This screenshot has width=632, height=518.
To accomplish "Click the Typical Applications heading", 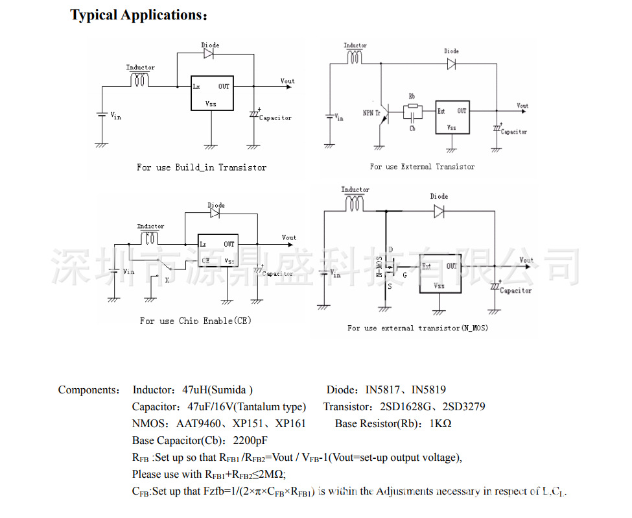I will (x=139, y=16).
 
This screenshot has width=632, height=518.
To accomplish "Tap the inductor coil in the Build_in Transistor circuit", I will (x=140, y=79).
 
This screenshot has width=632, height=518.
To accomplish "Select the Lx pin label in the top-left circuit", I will (x=196, y=86).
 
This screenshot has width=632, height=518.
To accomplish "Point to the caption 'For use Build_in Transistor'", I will (x=201, y=167).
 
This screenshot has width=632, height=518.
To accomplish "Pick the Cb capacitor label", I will (x=412, y=129).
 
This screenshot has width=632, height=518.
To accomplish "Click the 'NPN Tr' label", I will (x=371, y=112).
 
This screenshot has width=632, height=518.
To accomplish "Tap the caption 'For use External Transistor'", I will (x=422, y=167).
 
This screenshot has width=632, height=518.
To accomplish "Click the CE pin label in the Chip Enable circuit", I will (x=205, y=261).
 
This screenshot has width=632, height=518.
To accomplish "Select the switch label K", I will (x=167, y=280).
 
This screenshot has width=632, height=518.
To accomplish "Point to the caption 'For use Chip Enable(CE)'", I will (x=195, y=321).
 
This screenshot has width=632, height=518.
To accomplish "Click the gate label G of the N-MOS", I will (x=405, y=275).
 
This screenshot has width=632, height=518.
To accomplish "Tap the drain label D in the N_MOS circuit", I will (x=391, y=249).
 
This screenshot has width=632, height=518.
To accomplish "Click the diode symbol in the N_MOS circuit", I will (x=439, y=210).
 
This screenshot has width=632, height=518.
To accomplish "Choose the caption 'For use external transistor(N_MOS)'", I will (x=417, y=328).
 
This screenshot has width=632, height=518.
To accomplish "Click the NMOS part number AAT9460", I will (x=200, y=424).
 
